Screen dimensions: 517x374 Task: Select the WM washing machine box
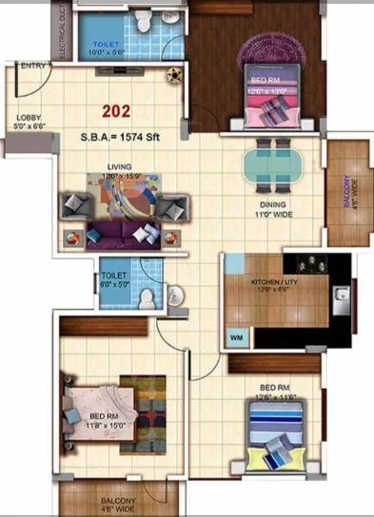(235, 336)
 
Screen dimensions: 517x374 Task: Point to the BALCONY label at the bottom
(118, 505)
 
